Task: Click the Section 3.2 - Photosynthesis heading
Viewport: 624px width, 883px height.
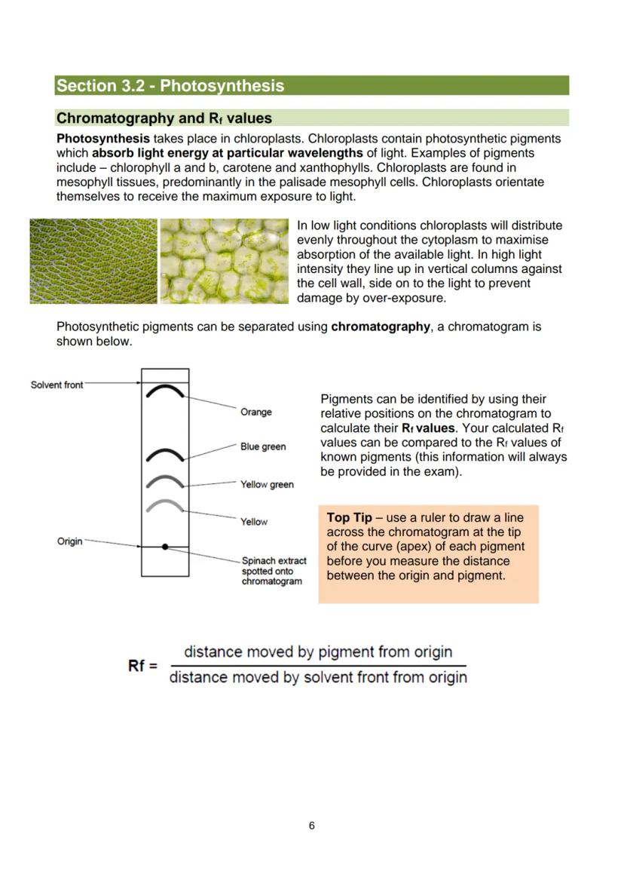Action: coord(170,85)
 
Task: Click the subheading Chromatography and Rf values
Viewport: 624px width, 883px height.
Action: coord(164,118)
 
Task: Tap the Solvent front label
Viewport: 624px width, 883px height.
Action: coord(57,385)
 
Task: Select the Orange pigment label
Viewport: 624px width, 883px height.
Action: coord(256,412)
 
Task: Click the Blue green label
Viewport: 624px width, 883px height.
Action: coord(263,446)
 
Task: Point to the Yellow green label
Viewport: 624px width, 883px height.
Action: coord(267,484)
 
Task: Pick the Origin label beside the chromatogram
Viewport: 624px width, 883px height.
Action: coord(70,541)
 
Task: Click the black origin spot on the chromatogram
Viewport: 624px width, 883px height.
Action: coord(165,546)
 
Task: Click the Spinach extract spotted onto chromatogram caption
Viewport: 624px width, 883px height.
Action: coord(273,571)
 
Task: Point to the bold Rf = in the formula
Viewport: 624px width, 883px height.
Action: coord(142,665)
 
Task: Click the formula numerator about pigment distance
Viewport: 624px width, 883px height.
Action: coord(318,652)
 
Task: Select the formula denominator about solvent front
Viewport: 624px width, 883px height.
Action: coord(318,677)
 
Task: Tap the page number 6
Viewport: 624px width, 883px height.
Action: coord(311,826)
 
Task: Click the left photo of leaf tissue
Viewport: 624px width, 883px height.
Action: coord(93,261)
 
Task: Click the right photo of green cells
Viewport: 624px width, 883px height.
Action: coord(225,261)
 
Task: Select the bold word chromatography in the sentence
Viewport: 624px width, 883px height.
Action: coord(380,327)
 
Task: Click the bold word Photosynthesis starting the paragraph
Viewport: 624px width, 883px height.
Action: coord(103,139)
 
